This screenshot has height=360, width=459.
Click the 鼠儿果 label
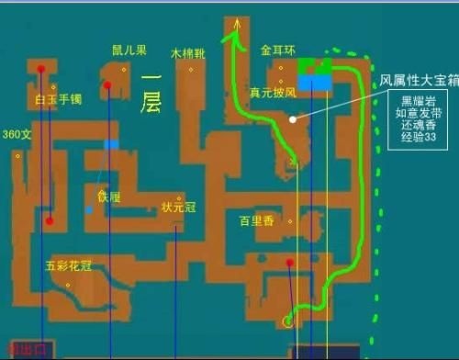pyautogui.click(x=129, y=50)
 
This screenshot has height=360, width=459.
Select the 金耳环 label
pyautogui.click(x=276, y=51)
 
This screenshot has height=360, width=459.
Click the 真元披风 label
pyautogui.click(x=273, y=93)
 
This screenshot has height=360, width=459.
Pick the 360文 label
pyautogui.click(x=17, y=134)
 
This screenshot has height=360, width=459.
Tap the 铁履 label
pyautogui.click(x=109, y=196)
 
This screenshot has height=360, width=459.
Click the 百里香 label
pyautogui.click(x=258, y=220)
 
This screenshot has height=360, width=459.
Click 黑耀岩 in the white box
pyautogui.click(x=415, y=99)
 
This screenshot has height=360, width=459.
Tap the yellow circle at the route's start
pyautogui.click(x=288, y=321)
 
